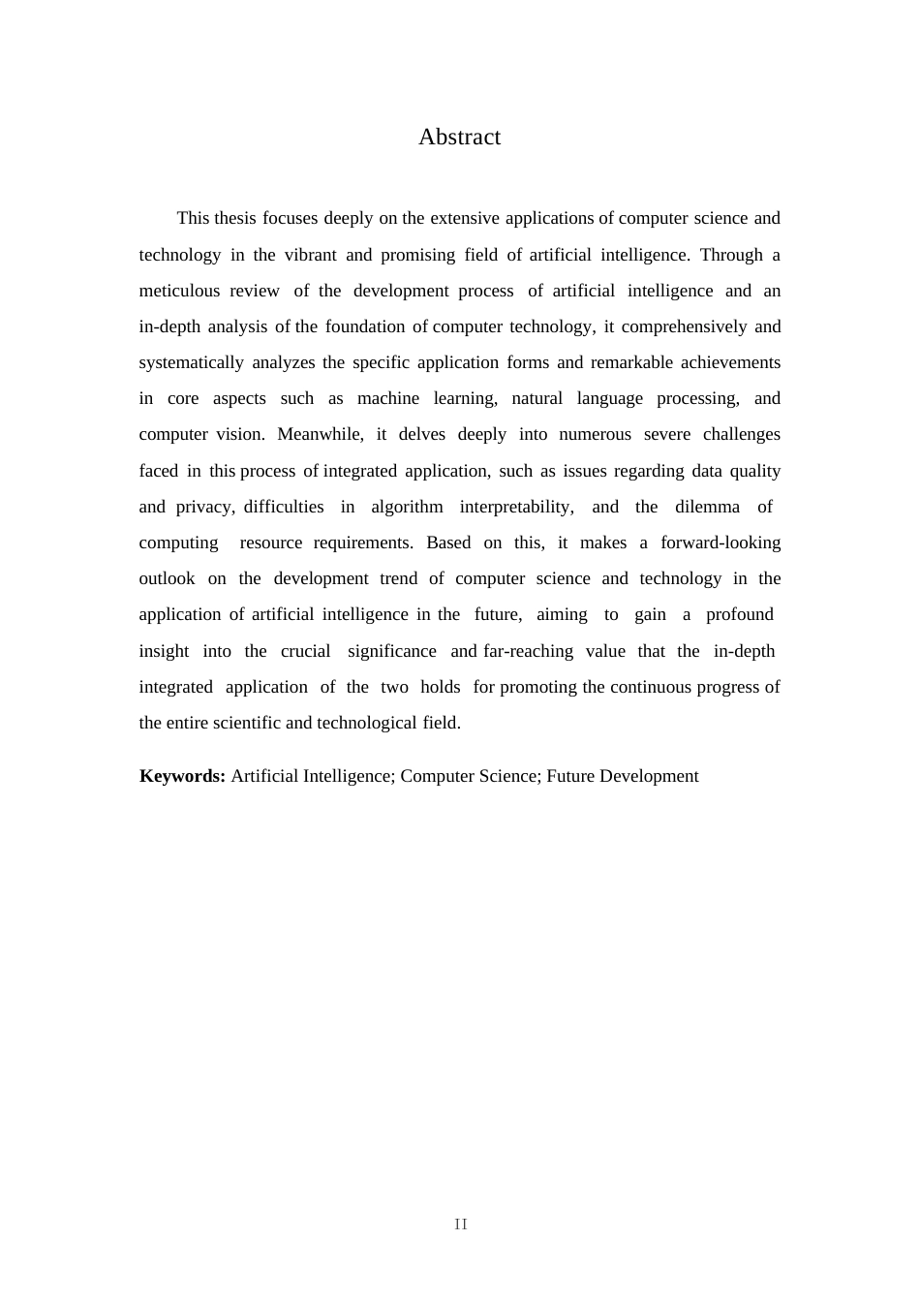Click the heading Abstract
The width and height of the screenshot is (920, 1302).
(x=459, y=137)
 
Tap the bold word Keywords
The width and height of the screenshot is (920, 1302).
(x=182, y=776)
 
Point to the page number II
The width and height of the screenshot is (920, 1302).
(x=460, y=1224)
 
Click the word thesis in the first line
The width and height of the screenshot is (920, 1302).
(x=235, y=218)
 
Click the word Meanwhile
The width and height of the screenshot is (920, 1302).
(x=320, y=434)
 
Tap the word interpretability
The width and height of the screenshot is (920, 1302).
(x=516, y=507)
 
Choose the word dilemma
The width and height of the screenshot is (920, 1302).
(x=707, y=507)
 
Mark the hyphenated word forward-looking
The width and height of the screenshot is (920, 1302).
(x=721, y=542)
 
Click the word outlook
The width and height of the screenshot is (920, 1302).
(x=167, y=578)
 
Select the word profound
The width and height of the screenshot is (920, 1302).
(x=739, y=614)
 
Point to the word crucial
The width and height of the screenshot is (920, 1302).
(x=305, y=651)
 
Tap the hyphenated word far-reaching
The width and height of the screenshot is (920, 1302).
(x=528, y=651)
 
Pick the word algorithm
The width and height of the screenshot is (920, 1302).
(x=407, y=507)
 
